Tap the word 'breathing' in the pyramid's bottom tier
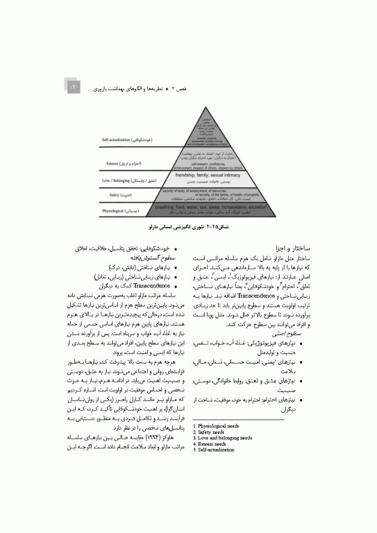tap(169, 207)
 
